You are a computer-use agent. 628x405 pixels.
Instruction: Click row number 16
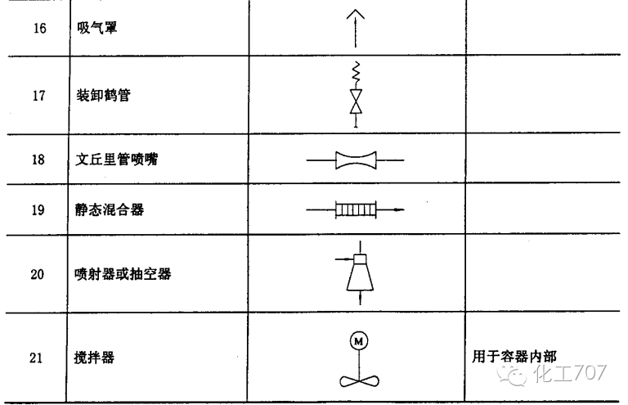pos(38,28)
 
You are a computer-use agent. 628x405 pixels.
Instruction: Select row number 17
pos(38,96)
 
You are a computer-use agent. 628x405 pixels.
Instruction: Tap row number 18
pos(38,160)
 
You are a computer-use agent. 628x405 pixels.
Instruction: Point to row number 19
pos(38,210)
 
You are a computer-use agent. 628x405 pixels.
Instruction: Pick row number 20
pos(38,274)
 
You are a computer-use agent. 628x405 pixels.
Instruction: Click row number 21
pos(38,358)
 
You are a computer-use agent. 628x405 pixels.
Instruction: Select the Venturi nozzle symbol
pos(357,160)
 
